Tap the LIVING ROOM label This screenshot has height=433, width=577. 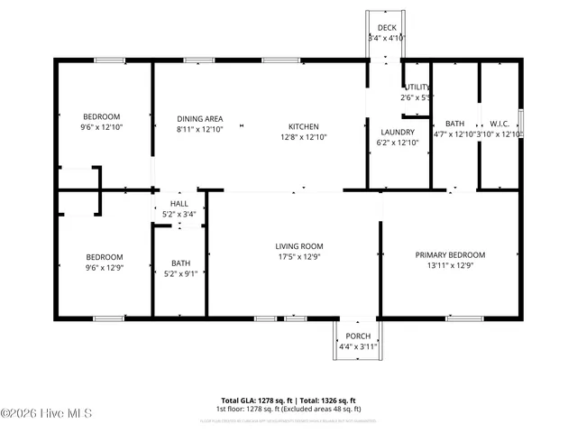(299, 246)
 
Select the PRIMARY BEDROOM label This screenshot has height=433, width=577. (450, 255)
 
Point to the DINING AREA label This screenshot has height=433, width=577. (199, 119)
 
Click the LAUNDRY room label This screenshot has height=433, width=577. (398, 132)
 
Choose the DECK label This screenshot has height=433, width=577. (387, 28)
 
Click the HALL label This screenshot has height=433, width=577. (180, 204)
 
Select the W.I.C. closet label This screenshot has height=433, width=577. (500, 124)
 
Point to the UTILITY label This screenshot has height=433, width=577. (417, 87)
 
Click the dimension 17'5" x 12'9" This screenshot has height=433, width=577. (299, 257)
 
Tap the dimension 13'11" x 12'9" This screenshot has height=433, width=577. (450, 266)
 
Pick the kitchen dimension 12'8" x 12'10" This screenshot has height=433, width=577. (303, 137)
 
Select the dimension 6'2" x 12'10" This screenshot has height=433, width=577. (398, 143)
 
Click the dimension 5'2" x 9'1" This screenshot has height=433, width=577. (180, 274)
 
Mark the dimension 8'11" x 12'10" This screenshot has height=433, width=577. (199, 130)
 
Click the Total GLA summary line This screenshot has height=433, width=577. (288, 400)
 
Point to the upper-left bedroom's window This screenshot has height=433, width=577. (109, 60)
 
